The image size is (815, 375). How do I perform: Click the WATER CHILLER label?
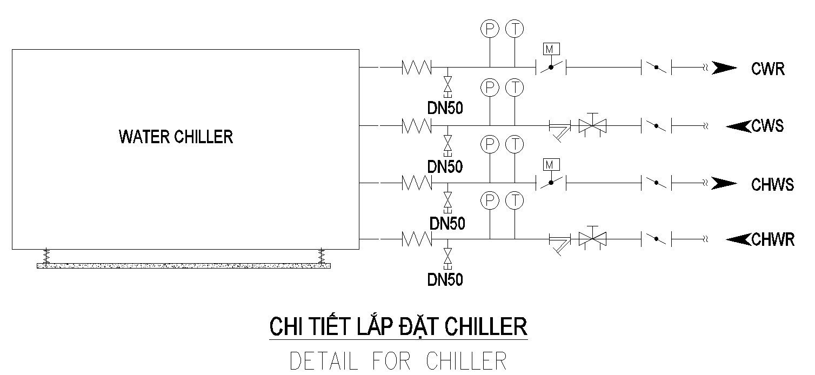point(176,137)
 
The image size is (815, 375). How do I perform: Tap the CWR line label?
point(767,69)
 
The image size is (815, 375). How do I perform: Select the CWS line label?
point(767,126)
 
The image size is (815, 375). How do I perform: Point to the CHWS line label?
point(772,185)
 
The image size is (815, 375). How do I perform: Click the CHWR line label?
point(773,239)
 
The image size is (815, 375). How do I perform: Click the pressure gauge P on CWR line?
point(489,29)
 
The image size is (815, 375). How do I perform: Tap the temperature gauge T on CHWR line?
point(515,201)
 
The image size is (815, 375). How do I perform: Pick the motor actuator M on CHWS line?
point(551,164)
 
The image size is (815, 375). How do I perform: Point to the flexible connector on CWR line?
point(416,68)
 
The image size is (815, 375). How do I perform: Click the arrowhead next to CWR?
point(723,68)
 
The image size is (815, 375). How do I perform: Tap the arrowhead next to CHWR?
point(738,238)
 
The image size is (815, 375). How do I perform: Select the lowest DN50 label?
point(445,280)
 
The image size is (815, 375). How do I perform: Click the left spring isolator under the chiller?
point(46,256)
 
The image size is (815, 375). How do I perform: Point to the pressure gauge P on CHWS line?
point(489,144)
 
